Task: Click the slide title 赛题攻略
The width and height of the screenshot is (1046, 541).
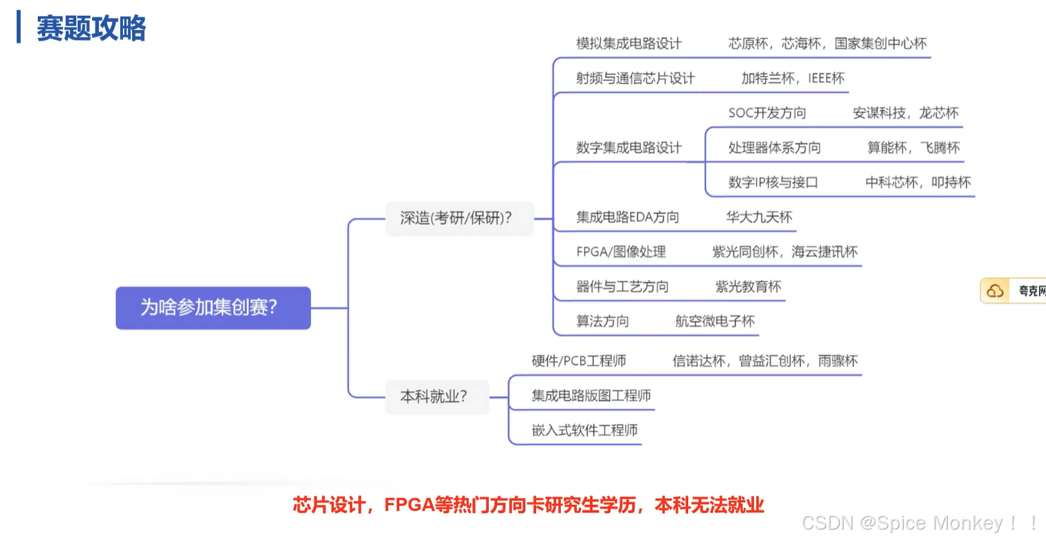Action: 91,29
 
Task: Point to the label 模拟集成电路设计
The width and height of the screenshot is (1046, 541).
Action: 629,43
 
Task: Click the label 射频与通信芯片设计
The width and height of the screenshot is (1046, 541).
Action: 635,78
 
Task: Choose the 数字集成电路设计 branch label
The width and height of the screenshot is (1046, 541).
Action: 629,147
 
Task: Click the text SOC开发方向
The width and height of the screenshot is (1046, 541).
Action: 767,113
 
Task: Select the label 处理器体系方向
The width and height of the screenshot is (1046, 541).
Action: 774,147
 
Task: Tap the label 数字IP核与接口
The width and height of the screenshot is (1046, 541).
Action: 773,182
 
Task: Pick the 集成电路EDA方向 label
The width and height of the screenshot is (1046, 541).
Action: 627,217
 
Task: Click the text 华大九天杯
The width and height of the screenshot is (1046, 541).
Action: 759,217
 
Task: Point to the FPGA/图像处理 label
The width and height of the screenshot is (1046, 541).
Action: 621,251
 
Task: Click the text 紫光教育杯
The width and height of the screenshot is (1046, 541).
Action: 748,286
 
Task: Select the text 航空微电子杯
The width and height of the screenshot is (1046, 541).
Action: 715,321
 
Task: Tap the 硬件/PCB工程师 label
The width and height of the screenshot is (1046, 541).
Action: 579,361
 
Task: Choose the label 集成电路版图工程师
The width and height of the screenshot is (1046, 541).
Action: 591,396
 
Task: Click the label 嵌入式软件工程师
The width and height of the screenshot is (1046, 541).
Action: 585,430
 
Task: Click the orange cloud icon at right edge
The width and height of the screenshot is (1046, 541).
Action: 995,291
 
